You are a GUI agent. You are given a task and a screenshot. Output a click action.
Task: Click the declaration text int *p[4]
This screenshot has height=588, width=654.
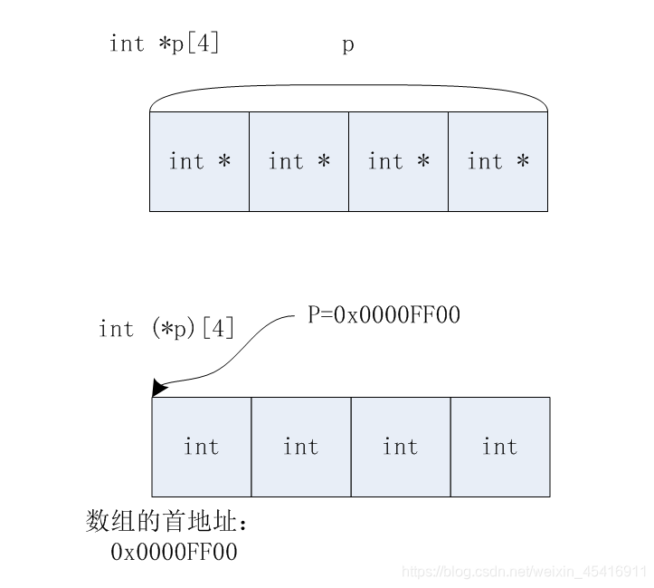pos(164,43)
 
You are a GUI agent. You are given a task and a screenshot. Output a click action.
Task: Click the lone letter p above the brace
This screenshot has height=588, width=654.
pos(348,44)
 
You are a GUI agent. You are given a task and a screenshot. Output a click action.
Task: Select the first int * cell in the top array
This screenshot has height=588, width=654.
pos(199,161)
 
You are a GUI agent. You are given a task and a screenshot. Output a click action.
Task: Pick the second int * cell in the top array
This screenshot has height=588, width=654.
pos(299,161)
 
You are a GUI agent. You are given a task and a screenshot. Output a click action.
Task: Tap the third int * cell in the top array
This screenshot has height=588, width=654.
pos(398,161)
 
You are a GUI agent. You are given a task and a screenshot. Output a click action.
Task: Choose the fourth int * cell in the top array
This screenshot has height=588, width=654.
pos(498,161)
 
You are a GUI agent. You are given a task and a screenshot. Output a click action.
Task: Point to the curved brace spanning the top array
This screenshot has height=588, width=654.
pos(348,87)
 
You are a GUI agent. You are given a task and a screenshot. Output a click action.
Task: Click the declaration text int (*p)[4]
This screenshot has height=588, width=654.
pos(166,328)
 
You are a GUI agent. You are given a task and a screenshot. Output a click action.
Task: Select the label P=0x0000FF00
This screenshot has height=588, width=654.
pos(384,315)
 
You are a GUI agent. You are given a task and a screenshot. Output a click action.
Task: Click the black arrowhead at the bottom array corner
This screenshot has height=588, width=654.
pos(159,389)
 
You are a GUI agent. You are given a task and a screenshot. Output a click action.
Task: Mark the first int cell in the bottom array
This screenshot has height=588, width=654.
pos(201,447)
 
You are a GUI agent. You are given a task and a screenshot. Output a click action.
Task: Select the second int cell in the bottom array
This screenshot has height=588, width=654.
pos(300,447)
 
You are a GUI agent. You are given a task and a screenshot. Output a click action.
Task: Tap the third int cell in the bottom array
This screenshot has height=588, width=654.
pos(400,447)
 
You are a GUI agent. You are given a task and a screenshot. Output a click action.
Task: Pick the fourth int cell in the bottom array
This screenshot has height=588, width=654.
pos(499,447)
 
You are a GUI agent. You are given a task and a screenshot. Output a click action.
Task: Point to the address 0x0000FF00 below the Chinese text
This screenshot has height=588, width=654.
pos(174,551)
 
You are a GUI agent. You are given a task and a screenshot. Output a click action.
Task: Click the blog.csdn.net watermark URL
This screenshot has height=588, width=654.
pos(524,572)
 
